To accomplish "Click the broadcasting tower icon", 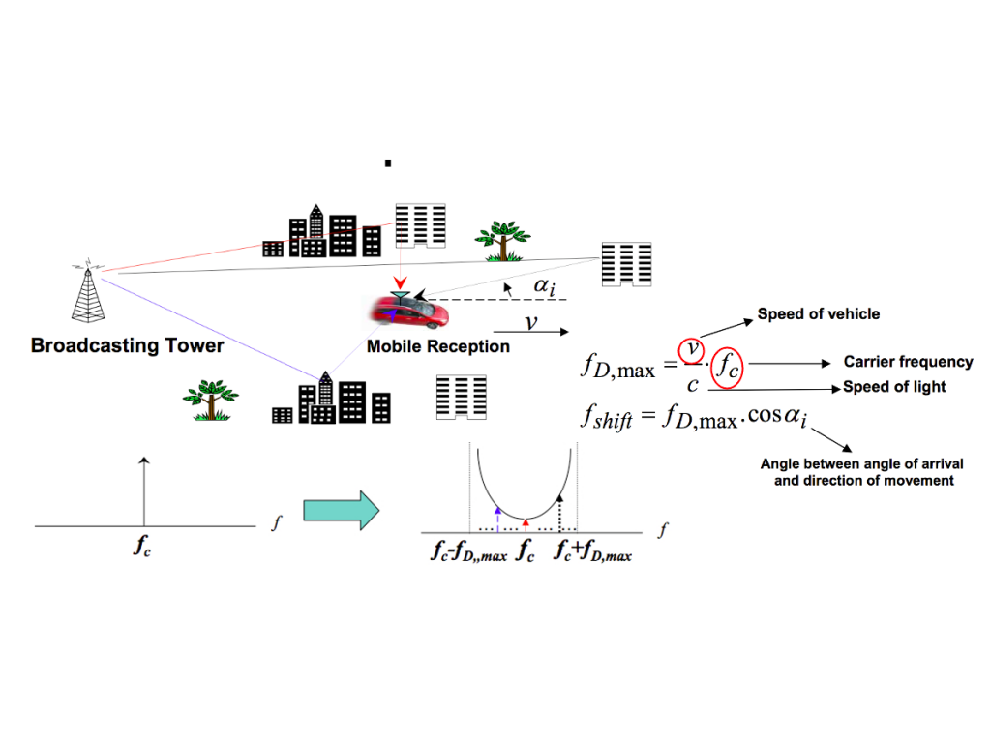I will tap(87, 291).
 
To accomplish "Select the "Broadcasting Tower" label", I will tap(128, 345).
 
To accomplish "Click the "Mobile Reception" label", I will tap(437, 346).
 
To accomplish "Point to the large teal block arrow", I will tap(341, 509).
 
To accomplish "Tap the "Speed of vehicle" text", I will tap(818, 313).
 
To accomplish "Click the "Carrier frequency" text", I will tap(908, 362).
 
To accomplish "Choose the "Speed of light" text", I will tap(894, 387).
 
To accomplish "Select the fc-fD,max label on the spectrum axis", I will tap(468, 554).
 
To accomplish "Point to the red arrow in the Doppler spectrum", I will tap(526, 524).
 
